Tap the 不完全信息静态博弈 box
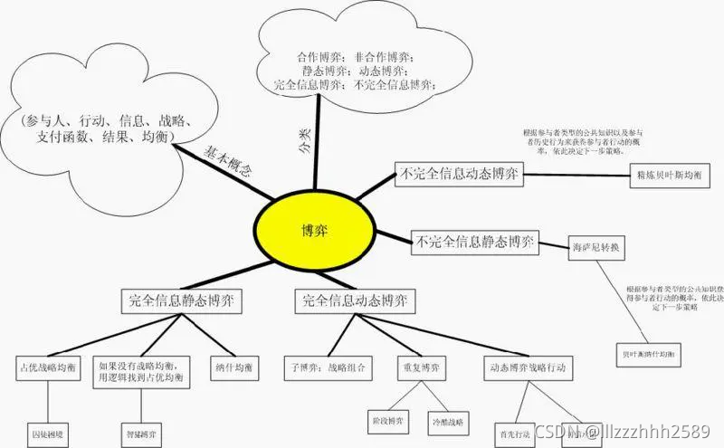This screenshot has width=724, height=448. click(x=473, y=242)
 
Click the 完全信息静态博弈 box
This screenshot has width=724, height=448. click(x=186, y=300)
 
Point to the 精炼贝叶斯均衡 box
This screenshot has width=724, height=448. click(x=665, y=177)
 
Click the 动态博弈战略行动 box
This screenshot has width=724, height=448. click(x=527, y=367)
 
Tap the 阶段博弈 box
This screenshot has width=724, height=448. click(x=390, y=422)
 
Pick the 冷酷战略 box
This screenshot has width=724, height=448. click(x=448, y=422)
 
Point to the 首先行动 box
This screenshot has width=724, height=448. click(x=512, y=432)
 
